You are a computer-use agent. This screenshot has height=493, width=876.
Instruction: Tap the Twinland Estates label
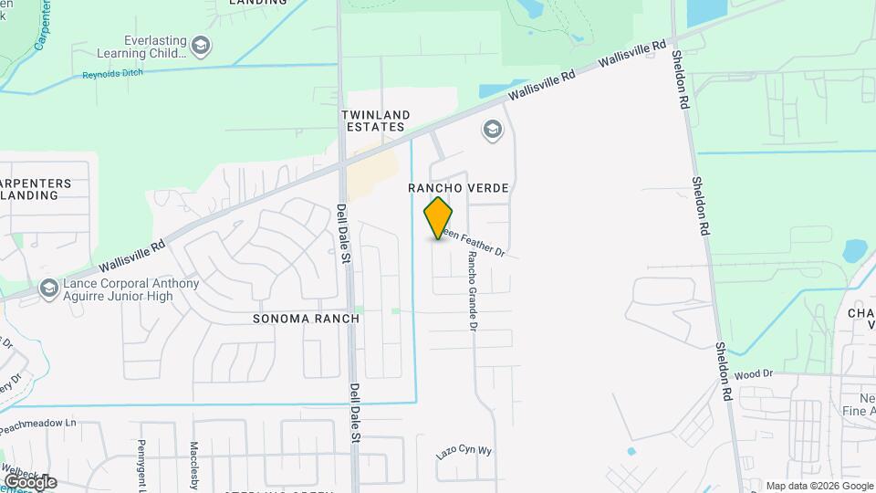coord(374,121)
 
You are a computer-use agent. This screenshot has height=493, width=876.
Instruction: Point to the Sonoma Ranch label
coord(306,319)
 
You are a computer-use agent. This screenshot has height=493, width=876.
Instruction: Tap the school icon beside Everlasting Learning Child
coord(200,44)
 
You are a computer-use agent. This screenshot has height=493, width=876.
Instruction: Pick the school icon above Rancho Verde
coord(493,131)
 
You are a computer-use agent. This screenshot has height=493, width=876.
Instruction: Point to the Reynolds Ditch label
coord(115,75)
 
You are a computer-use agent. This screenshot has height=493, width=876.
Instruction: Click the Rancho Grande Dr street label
coord(473,291)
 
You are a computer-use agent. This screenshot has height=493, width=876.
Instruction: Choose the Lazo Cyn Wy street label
coord(464,452)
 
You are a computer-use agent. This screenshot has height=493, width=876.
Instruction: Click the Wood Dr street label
coord(754,374)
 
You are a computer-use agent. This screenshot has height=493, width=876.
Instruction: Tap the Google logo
coord(29,481)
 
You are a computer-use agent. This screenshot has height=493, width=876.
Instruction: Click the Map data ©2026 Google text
coord(818,486)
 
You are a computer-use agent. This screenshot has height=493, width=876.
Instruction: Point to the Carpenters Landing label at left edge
coord(36,189)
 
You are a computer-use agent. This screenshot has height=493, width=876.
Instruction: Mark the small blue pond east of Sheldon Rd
coord(855,249)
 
